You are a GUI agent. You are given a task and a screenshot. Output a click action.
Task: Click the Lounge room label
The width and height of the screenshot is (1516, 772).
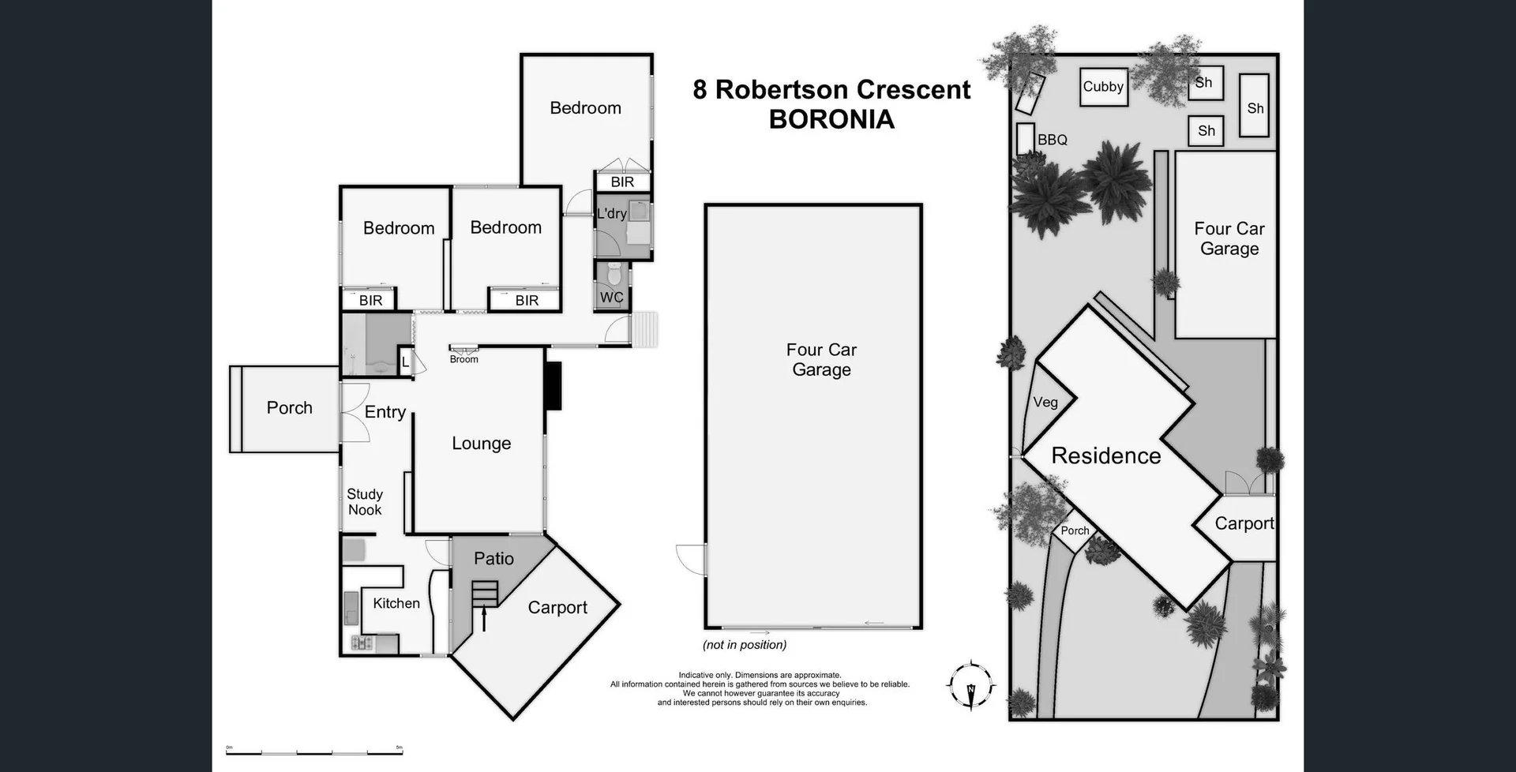(x=481, y=444)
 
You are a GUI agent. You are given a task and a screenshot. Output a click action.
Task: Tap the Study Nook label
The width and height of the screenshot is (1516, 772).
(x=364, y=502)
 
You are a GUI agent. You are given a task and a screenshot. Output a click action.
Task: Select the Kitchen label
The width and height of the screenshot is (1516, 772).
(x=396, y=603)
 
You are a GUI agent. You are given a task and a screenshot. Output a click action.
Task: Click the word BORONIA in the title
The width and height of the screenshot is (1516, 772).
(x=831, y=119)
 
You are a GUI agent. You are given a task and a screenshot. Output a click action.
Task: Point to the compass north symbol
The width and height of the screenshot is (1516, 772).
(x=971, y=685)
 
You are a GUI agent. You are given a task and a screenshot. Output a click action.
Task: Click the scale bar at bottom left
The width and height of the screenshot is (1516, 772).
(x=314, y=751)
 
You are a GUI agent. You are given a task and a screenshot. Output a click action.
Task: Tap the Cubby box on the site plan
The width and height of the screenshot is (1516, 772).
(x=1102, y=87)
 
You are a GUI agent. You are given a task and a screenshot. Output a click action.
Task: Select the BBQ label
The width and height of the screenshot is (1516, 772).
(x=1052, y=140)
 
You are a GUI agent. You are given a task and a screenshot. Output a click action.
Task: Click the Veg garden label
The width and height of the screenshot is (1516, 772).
(x=1045, y=403)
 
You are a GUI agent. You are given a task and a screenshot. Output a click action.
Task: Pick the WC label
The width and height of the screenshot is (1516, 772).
(x=611, y=298)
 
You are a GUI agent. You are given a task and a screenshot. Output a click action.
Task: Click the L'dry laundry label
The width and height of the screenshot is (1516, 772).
(x=611, y=213)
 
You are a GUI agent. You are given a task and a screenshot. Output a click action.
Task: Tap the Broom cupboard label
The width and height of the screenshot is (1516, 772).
(x=463, y=359)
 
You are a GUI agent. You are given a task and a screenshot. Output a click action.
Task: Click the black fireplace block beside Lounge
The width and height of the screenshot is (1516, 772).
(x=553, y=385)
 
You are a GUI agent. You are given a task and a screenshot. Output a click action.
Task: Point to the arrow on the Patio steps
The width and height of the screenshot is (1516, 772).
(x=484, y=616)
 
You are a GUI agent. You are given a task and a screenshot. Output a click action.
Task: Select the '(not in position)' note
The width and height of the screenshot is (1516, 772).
(x=745, y=645)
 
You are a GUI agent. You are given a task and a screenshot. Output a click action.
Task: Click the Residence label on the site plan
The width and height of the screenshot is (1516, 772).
(x=1105, y=455)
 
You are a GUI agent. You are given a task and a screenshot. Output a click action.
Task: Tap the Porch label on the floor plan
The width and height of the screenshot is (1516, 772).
(x=289, y=408)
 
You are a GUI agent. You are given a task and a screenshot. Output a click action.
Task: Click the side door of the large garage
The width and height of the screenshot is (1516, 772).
(x=691, y=559)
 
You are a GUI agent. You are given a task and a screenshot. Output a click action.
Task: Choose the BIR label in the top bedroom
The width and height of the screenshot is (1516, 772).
(x=622, y=182)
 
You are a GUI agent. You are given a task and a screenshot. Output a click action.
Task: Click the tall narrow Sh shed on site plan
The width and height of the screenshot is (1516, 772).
(x=1254, y=106)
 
